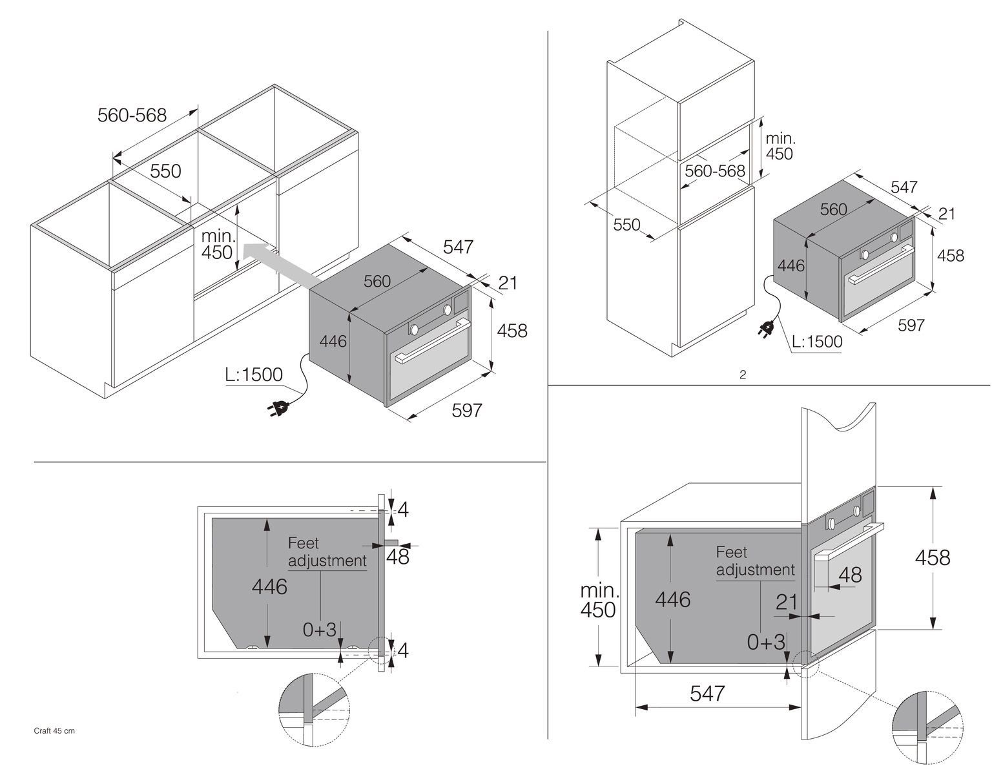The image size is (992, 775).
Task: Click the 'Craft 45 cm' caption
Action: click(x=54, y=731)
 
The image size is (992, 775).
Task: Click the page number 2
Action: click(x=743, y=375)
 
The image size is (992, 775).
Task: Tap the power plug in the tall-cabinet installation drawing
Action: click(x=767, y=330)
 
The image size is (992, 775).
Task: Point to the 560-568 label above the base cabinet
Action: click(x=132, y=115)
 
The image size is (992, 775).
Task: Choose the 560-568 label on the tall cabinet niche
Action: click(x=714, y=171)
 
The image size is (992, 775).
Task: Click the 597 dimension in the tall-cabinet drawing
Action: click(x=911, y=325)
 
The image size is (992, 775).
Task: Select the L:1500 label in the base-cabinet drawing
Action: click(x=254, y=375)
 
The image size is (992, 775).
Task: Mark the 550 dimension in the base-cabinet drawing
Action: click(x=165, y=171)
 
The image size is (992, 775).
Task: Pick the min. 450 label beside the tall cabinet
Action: click(x=780, y=146)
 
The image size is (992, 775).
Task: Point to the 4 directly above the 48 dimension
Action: click(x=403, y=510)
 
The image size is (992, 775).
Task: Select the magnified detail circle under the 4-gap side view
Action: click(x=314, y=708)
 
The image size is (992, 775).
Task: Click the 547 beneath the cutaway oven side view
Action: click(x=707, y=694)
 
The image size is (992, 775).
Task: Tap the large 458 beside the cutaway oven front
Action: click(x=932, y=557)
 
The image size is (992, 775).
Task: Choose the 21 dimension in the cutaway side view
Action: click(x=787, y=603)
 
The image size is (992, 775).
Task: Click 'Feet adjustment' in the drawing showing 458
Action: click(x=755, y=561)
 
